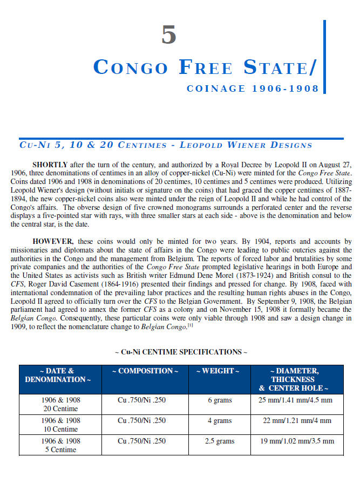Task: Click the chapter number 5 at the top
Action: pyautogui.click(x=169, y=35)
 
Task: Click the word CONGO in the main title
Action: pyautogui.click(x=131, y=67)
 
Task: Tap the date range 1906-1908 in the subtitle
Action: pyautogui.click(x=286, y=88)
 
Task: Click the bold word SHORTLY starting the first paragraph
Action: pyautogui.click(x=50, y=164)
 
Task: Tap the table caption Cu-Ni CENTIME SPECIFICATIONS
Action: pyautogui.click(x=181, y=352)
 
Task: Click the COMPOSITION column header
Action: pyautogui.click(x=145, y=371)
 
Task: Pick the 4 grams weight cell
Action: pyautogui.click(x=219, y=420)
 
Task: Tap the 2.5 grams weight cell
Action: pyautogui.click(x=219, y=441)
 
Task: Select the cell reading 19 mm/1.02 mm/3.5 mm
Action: pyautogui.click(x=296, y=441)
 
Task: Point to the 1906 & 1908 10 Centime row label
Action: pyautogui.click(x=60, y=425)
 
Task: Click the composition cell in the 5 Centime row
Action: pyautogui.click(x=142, y=441)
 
